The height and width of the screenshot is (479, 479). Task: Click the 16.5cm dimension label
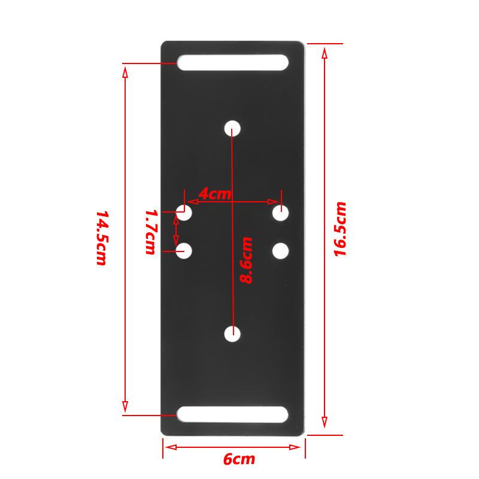tap(340, 229)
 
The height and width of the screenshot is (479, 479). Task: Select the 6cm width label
tap(239, 460)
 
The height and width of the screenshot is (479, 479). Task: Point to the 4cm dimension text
tap(214, 194)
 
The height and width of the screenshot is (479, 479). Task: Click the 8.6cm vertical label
tap(246, 260)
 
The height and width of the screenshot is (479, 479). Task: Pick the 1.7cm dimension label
tap(151, 232)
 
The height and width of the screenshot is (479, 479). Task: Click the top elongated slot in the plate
tap(232, 63)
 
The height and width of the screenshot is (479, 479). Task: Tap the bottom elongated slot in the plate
tap(232, 414)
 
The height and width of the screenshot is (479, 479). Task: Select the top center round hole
tap(232, 128)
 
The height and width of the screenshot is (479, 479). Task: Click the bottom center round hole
tap(232, 334)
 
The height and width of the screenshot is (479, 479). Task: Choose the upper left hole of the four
tap(184, 213)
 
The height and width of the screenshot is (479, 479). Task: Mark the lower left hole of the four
tap(184, 251)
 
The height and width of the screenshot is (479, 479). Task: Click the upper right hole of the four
tap(281, 213)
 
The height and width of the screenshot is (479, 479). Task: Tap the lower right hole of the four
tap(281, 251)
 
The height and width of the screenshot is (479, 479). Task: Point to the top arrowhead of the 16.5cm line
tap(325, 51)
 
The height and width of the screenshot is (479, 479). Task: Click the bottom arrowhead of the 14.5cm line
tap(125, 405)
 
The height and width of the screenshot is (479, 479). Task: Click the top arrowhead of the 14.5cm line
tap(125, 72)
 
